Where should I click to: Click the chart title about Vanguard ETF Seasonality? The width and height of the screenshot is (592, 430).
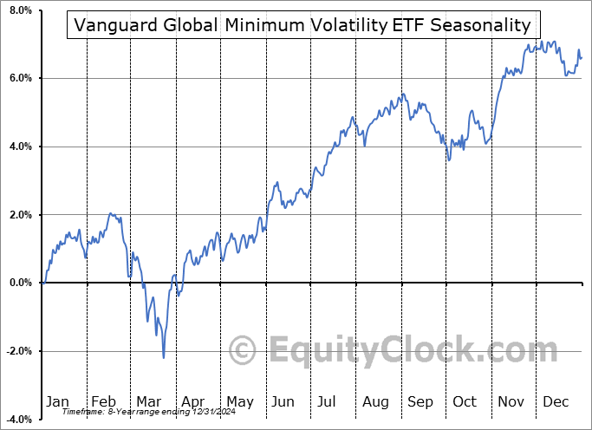coord(303,25)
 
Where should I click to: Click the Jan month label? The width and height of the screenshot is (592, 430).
coord(57,401)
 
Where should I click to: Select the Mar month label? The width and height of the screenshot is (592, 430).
coord(148,401)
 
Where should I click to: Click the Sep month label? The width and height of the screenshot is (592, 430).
coord(420,401)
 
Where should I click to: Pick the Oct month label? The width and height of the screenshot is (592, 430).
coord(465,401)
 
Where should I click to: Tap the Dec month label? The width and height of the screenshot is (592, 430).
coord(556,401)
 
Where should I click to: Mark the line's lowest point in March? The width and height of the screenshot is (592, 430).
coord(163,356)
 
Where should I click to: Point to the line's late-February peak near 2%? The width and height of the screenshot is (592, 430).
coord(111,213)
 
